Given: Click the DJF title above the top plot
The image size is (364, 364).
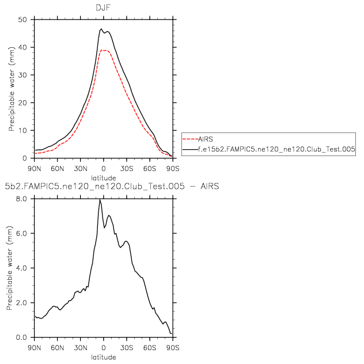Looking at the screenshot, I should [x=103, y=7].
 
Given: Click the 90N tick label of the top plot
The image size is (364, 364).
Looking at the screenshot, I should [x=34, y=168].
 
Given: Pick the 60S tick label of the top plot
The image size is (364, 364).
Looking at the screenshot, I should [x=149, y=168].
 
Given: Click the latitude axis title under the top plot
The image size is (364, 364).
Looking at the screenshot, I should [x=103, y=177].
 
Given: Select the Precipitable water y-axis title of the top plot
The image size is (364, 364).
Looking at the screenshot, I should [x=10, y=89].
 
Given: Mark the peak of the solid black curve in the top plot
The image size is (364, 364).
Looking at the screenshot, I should [x=101, y=29].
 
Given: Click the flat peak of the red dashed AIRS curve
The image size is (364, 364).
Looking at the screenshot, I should [x=105, y=50].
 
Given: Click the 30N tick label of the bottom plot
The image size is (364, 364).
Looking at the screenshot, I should [x=80, y=347].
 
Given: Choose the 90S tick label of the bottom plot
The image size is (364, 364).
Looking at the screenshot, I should [x=172, y=347].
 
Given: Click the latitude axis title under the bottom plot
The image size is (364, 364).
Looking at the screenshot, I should [x=103, y=357].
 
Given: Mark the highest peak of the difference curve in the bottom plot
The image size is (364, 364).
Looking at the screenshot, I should [x=100, y=200].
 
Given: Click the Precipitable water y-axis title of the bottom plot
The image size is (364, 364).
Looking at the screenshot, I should [x=10, y=268].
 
